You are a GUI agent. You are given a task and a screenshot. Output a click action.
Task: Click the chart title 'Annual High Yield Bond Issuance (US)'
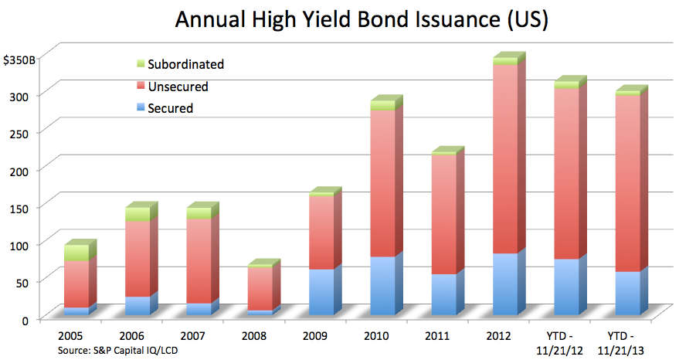pos(362,19)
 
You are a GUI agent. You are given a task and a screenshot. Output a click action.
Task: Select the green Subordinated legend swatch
pos(141,63)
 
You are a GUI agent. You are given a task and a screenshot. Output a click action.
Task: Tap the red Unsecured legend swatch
pos(141,86)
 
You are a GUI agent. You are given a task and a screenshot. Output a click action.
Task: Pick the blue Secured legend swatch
pos(141,107)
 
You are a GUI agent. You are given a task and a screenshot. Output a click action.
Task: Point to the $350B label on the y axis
pos(19,60)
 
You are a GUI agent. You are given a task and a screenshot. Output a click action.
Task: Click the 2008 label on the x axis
pos(254,336)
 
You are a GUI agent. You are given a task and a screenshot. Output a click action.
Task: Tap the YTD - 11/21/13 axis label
pos(620,343)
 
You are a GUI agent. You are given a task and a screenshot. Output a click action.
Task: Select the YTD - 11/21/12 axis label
pos(559,343)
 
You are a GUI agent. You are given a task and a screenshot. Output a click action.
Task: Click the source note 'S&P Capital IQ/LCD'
pos(135,351)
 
